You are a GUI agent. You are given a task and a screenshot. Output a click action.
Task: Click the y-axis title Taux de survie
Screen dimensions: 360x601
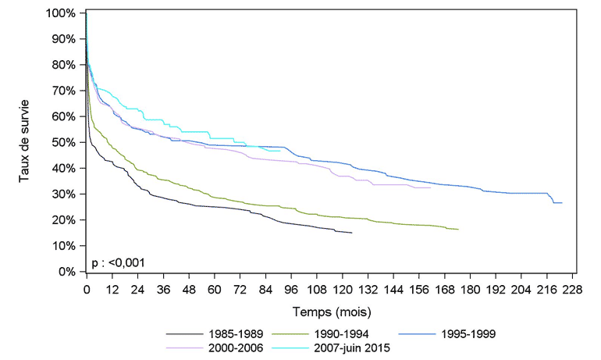coord(26,142)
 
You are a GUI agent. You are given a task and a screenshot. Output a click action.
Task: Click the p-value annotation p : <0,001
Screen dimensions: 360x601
coord(119,262)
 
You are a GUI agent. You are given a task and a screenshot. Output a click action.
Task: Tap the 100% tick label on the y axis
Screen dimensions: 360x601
coord(61,14)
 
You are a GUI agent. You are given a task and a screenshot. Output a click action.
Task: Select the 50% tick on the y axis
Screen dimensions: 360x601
coord(64,143)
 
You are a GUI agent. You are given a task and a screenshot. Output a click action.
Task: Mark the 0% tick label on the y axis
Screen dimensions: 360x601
coord(67,273)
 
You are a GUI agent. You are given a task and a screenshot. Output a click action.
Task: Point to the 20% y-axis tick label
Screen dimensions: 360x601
coord(64,220)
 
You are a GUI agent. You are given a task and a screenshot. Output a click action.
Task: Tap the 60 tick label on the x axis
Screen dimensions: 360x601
coord(214,288)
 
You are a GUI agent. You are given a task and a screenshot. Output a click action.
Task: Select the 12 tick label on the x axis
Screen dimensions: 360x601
coord(112,288)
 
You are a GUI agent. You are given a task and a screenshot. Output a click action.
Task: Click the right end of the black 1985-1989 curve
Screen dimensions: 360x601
coord(352,233)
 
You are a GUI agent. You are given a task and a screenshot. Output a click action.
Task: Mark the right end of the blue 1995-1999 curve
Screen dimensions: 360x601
coord(562,203)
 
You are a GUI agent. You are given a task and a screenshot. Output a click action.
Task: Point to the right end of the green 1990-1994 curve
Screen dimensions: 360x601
coord(458,230)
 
